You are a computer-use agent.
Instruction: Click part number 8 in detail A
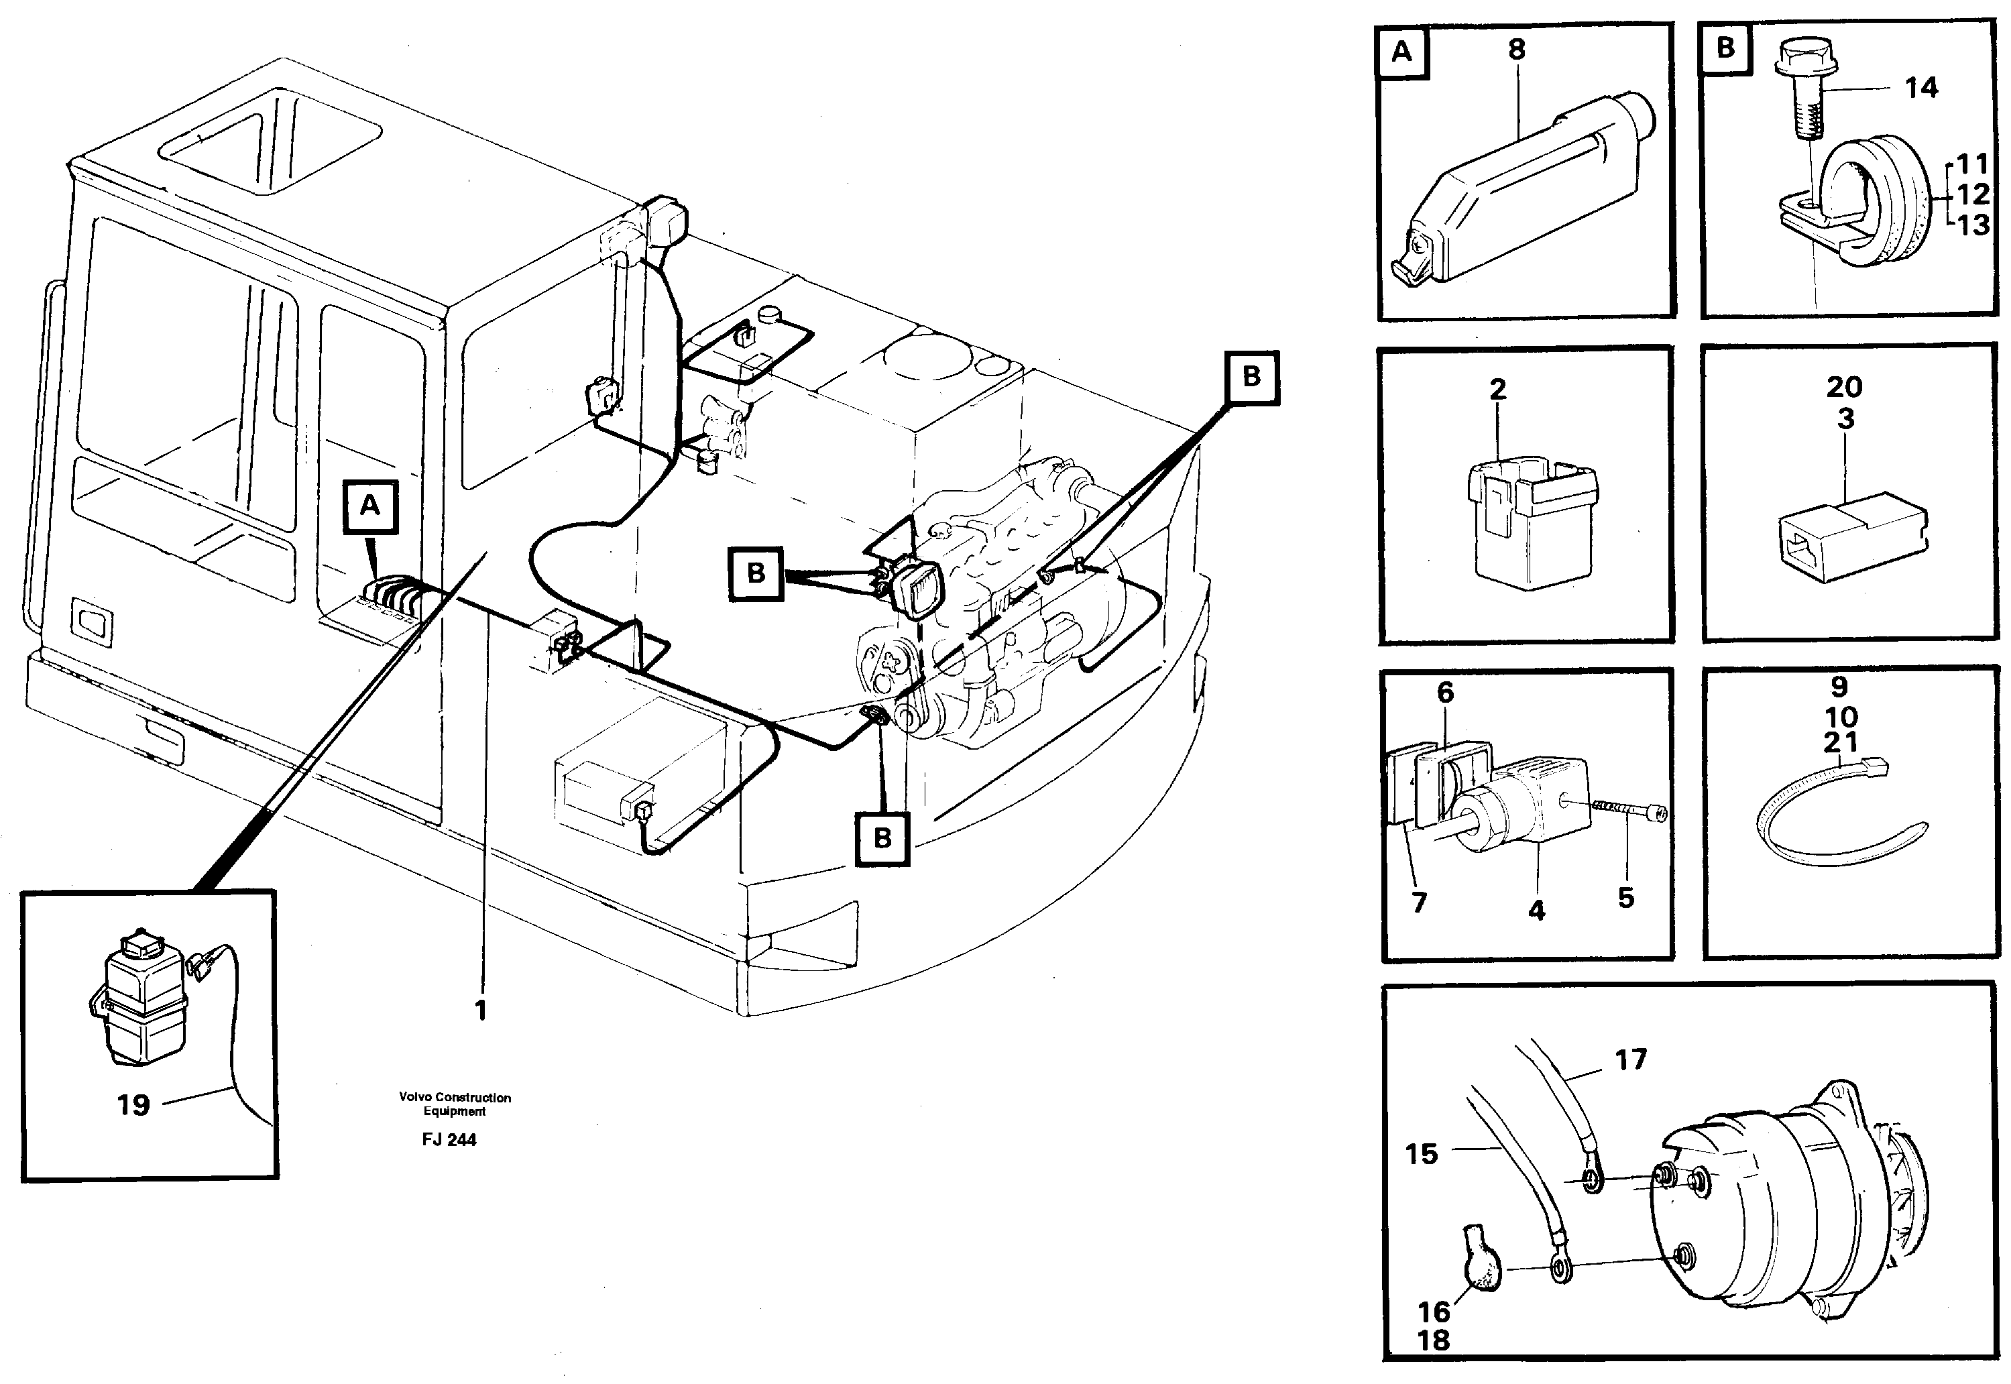coord(1516,50)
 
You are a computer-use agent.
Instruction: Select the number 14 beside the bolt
coord(1921,88)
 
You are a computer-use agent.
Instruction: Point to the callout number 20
coord(1843,387)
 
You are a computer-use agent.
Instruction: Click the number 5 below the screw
coord(1625,897)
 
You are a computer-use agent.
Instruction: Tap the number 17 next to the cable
coord(1630,1059)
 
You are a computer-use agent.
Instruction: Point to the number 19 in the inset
coord(133,1105)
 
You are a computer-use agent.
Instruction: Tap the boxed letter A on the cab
coord(370,506)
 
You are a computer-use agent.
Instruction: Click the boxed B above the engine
coord(1251,378)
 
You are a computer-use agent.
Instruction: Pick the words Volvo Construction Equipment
coord(455,1104)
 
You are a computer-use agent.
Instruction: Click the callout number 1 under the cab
coord(480,1011)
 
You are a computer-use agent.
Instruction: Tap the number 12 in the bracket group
coord(1973,194)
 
